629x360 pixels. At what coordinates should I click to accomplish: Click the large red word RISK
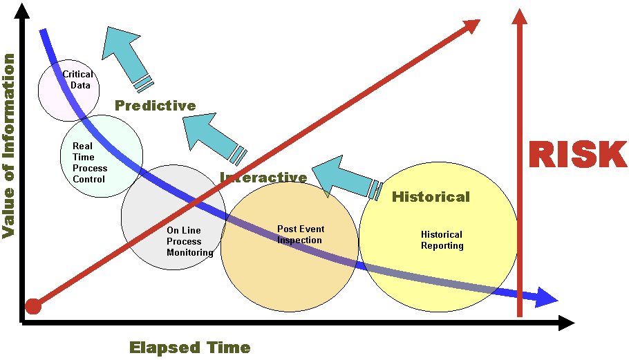[578, 154]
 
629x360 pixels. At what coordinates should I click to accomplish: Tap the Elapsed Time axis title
[190, 347]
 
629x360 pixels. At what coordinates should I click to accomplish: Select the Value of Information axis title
[8, 146]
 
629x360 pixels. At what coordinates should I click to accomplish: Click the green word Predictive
[156, 106]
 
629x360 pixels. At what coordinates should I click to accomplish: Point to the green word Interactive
[263, 177]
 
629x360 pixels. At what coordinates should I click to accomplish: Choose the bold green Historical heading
[431, 197]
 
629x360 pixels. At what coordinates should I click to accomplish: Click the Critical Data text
[78, 79]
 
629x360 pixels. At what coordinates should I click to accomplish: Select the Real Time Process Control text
[90, 162]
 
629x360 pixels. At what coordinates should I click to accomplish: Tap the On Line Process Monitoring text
[190, 241]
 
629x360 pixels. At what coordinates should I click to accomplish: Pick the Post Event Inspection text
[301, 234]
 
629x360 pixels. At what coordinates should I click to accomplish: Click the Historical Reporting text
[442, 240]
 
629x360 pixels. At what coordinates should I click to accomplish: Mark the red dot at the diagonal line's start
[33, 306]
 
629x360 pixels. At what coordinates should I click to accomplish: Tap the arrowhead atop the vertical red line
[520, 17]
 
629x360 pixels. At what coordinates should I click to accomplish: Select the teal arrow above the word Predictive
[126, 57]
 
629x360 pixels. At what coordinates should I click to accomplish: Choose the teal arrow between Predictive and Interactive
[214, 138]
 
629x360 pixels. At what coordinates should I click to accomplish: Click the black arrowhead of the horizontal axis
[566, 323]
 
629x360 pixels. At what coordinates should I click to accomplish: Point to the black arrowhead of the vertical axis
[22, 10]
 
